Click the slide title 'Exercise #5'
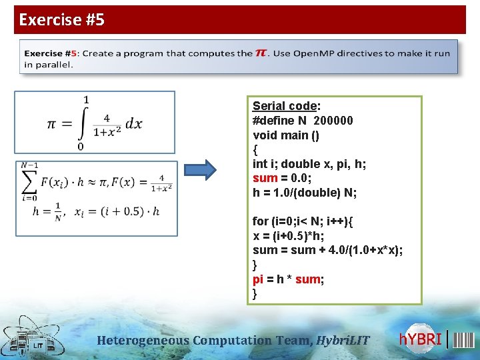coord(62,20)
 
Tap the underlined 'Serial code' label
coord(284,106)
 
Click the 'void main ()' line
coord(286,135)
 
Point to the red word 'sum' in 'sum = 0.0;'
coord(265,178)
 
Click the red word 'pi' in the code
coord(258,279)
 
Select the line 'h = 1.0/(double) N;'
coord(305,193)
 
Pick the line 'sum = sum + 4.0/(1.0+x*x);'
coord(328,250)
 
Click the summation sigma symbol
coord(29,180)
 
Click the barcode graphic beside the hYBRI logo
coord(464,339)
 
